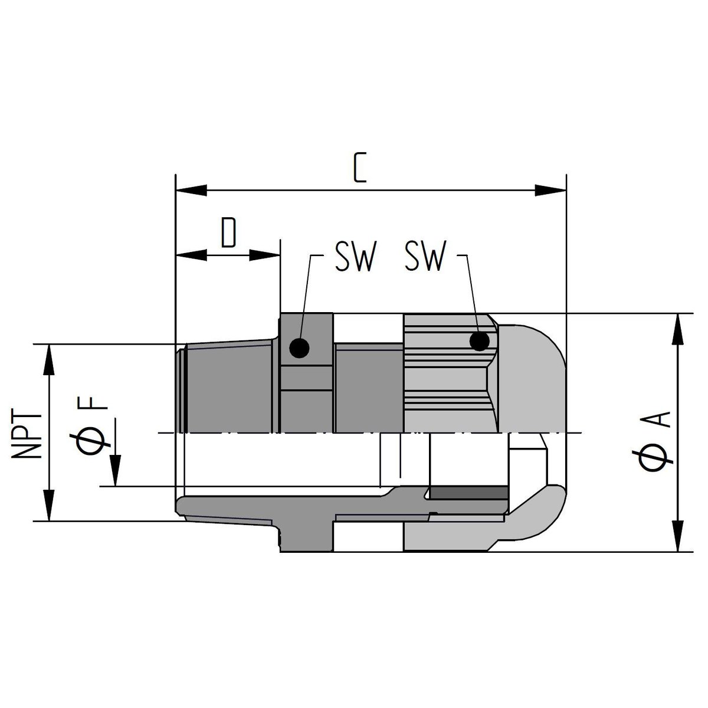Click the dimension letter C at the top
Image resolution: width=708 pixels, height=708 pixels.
coord(359,168)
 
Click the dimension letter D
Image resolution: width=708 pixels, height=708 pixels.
coord(228,232)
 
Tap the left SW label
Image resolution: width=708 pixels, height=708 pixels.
coord(356,256)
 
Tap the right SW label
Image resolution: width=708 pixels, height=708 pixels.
coord(425,256)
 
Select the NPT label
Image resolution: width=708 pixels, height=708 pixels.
coord(26,435)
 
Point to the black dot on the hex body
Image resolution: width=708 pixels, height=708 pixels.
coord(299,348)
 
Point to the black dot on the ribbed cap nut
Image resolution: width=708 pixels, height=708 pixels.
coord(480,342)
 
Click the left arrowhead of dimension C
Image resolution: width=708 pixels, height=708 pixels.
coord(191,191)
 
